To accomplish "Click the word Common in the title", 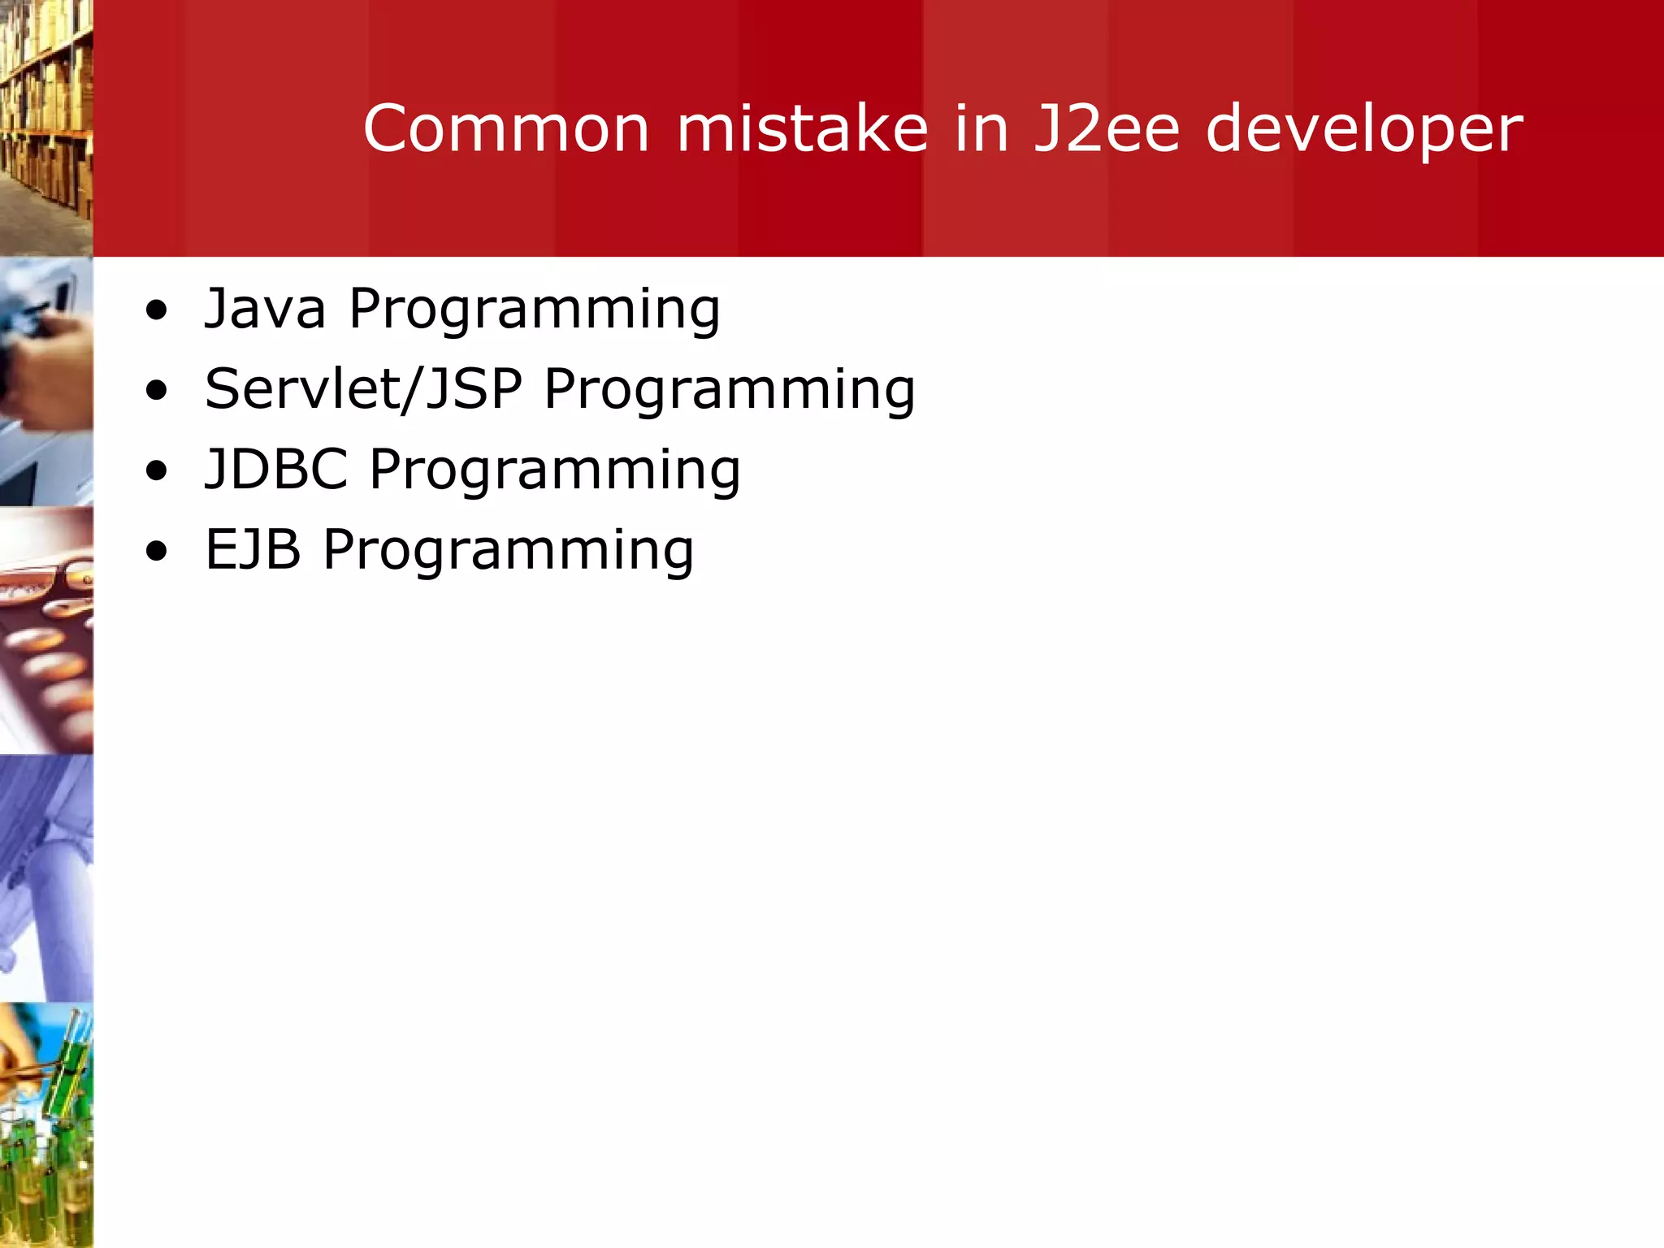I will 505,128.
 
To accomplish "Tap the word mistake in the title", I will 802,128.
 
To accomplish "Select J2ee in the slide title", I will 1106,128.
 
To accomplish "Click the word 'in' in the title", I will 981,128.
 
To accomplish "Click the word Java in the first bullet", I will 265,309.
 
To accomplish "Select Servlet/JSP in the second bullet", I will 363,388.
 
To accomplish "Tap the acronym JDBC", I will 276,469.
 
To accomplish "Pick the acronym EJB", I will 253,549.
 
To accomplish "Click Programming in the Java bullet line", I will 535,310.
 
